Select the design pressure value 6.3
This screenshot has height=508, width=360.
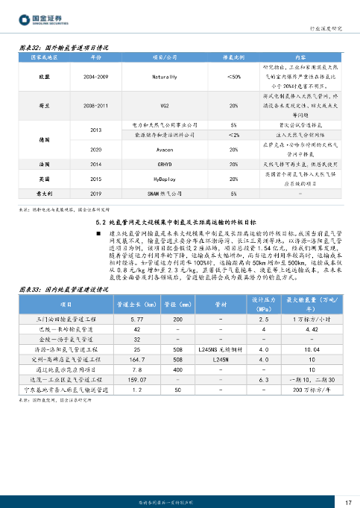click(x=264, y=379)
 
